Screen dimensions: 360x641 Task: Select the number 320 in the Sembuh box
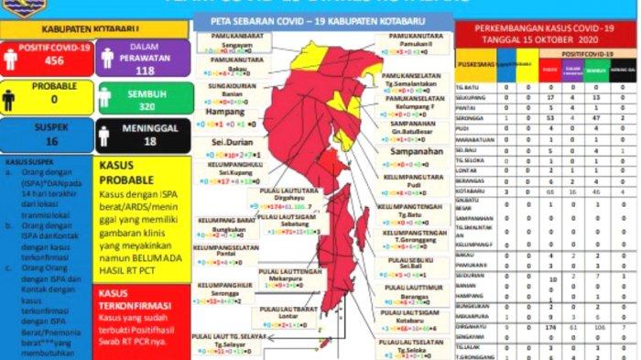pyautogui.click(x=145, y=104)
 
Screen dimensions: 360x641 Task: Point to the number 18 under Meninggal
pyautogui.click(x=145, y=142)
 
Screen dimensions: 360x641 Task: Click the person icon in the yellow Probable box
pyautogui.click(x=9, y=97)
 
